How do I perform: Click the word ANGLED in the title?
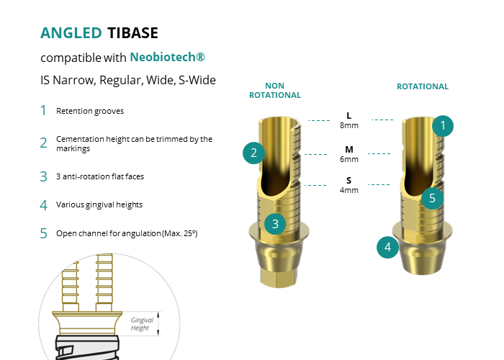[x=71, y=33]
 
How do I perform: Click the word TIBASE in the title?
[x=132, y=33]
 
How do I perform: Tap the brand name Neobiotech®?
[x=167, y=57]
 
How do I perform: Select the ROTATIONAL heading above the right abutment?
[x=423, y=86]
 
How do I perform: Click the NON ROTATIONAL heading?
[x=275, y=90]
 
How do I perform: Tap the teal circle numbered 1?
[x=443, y=126]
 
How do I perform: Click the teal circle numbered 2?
[x=253, y=153]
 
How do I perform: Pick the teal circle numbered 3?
[x=275, y=224]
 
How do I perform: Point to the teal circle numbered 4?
[x=387, y=247]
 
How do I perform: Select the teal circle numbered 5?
[x=432, y=198]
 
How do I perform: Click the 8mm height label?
[x=349, y=125]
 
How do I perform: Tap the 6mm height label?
[x=349, y=159]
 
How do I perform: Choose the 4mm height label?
[x=349, y=190]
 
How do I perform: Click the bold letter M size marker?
[x=349, y=150]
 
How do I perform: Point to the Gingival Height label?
[x=142, y=324]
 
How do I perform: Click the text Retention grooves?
[x=90, y=111]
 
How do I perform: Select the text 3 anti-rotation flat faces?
[x=100, y=176]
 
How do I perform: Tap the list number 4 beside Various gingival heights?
[x=43, y=205]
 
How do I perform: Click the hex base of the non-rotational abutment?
[x=279, y=277]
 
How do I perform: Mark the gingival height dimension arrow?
[x=158, y=323]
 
